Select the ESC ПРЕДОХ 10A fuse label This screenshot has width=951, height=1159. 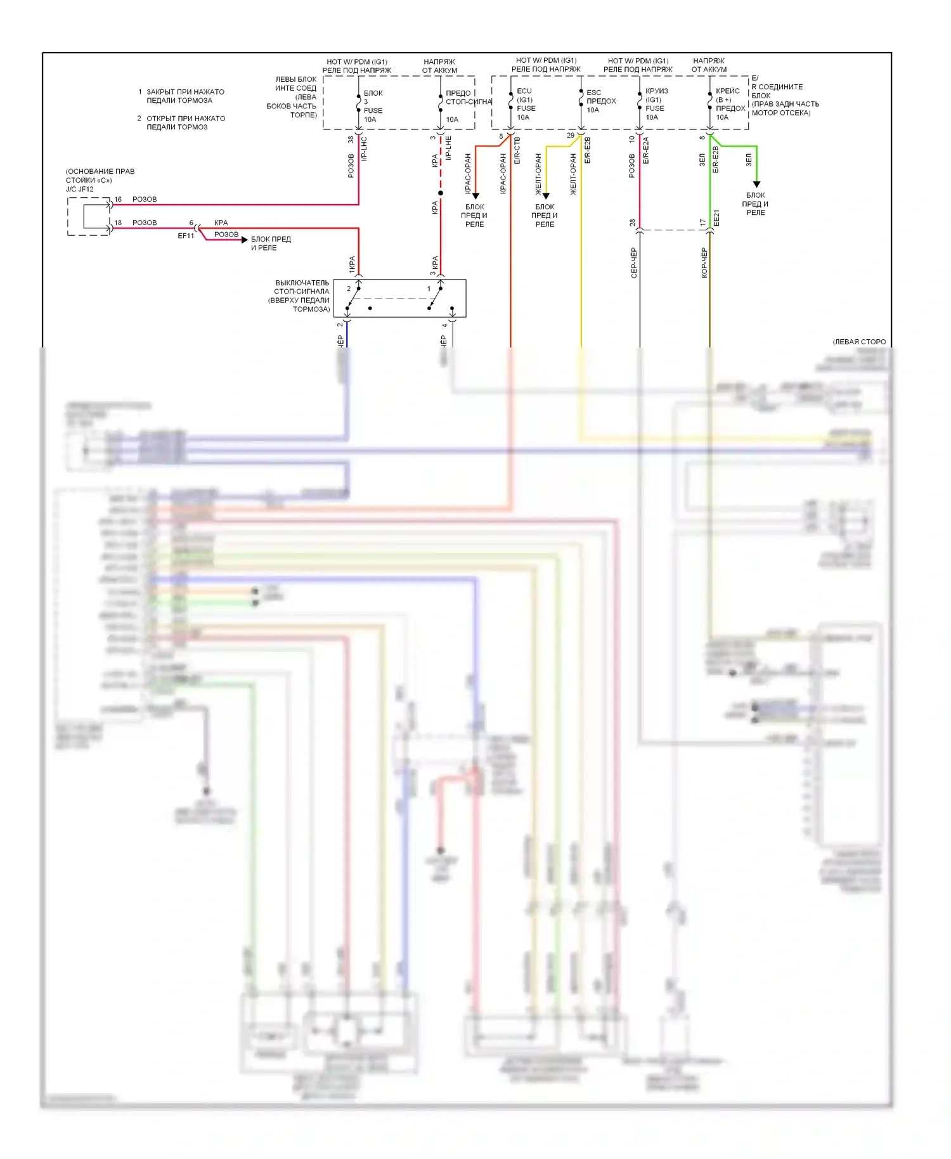tap(600, 101)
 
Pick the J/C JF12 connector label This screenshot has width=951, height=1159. tap(80, 189)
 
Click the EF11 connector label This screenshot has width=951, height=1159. tap(186, 236)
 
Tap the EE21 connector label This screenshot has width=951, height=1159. tap(717, 218)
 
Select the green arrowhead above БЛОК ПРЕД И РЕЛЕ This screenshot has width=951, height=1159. tap(756, 185)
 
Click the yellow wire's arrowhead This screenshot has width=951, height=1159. tap(546, 196)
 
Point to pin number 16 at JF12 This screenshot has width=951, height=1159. tap(118, 199)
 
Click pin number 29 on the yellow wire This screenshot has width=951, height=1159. tap(571, 135)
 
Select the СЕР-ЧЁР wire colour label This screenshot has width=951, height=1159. tap(633, 262)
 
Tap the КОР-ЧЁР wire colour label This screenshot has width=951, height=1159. tap(704, 262)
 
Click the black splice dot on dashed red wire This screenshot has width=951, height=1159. tap(441, 193)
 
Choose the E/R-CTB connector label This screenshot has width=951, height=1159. tap(517, 150)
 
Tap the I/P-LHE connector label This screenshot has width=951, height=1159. tap(448, 148)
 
